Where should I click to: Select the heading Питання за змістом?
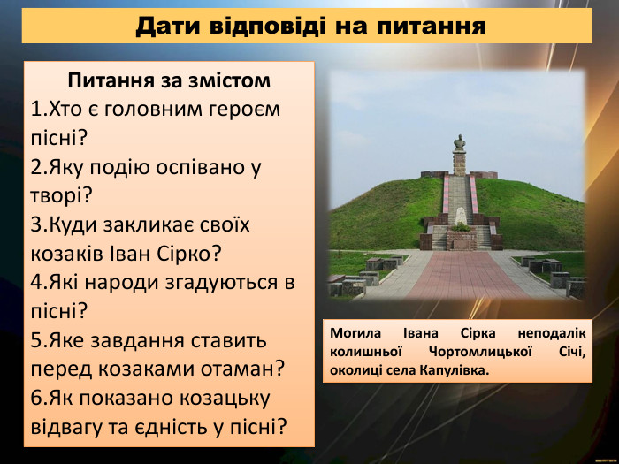[169, 81]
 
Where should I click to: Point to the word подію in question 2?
[129, 165]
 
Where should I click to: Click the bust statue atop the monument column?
[459, 142]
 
